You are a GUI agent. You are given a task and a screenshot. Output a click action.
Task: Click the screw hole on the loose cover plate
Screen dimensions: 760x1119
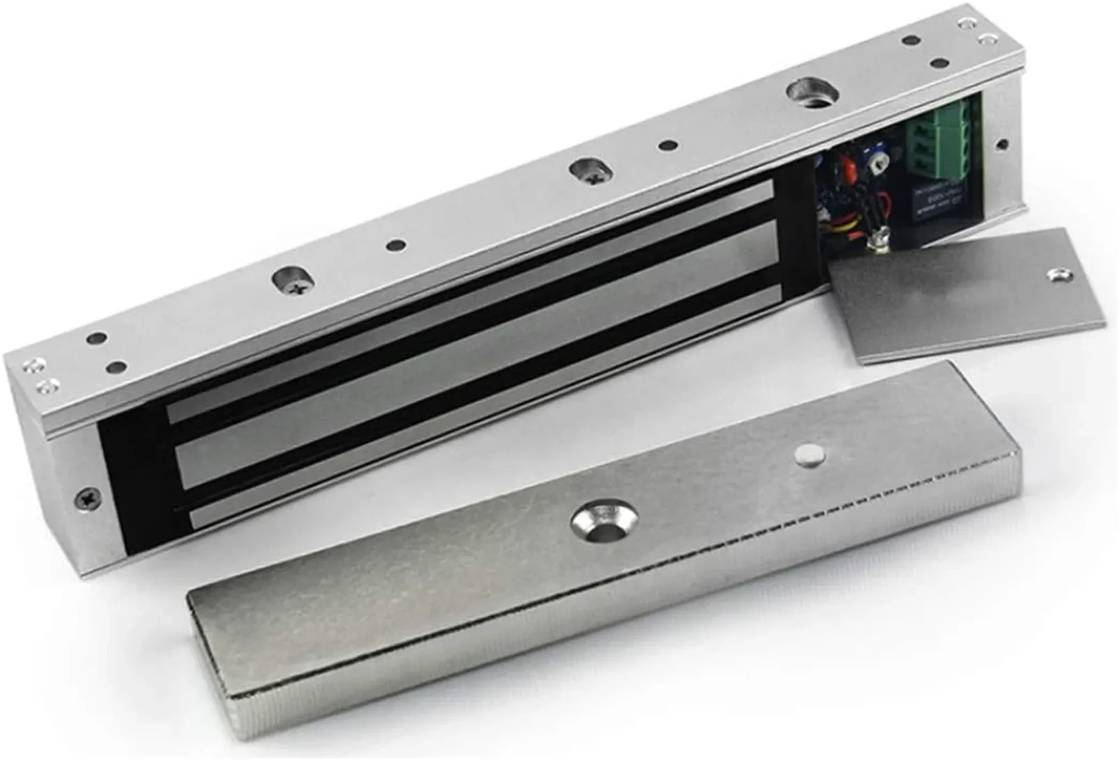[1060, 274]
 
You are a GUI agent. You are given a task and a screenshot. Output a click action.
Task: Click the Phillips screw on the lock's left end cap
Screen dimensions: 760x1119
[88, 498]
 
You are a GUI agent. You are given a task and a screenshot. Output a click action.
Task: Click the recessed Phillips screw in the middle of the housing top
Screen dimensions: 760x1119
[589, 171]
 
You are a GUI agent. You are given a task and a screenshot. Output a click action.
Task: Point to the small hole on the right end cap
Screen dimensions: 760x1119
[1002, 145]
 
